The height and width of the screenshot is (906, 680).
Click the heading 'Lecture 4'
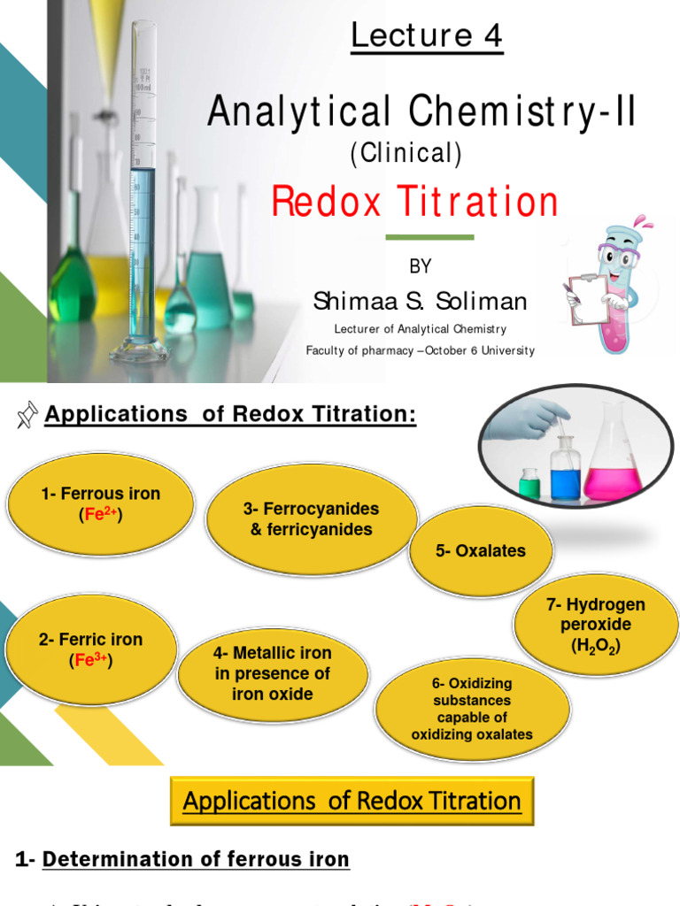[x=427, y=36]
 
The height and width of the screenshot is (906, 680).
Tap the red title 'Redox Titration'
[x=414, y=203]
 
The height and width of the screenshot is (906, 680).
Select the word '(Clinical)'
[x=406, y=154]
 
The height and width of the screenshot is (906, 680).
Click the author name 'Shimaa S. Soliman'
[x=420, y=302]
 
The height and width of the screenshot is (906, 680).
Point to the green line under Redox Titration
[x=430, y=237]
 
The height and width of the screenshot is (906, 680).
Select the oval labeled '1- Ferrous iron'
[x=100, y=503]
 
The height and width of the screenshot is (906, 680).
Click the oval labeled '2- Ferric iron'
[x=90, y=649]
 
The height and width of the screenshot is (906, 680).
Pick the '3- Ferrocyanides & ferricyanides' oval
[x=311, y=519]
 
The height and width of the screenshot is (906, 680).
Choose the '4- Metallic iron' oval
[x=273, y=674]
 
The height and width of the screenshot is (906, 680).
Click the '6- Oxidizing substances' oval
[x=472, y=709]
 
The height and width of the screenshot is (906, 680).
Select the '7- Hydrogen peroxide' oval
[x=595, y=625]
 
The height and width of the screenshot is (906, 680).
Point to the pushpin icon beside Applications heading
[x=27, y=414]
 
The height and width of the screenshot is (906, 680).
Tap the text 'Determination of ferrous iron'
[x=196, y=859]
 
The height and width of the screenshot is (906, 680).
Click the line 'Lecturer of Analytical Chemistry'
[x=420, y=329]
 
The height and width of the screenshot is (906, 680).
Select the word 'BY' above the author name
[x=420, y=266]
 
